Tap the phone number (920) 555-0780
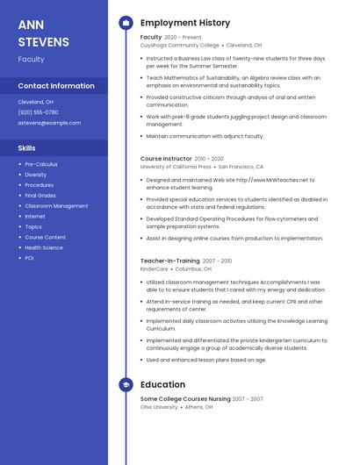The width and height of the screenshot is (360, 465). click(38, 112)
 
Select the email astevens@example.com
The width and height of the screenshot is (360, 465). click(49, 123)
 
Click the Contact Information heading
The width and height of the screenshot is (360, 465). click(56, 86)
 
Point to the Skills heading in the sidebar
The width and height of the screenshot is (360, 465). click(27, 148)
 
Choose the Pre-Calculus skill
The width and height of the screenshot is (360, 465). click(41, 164)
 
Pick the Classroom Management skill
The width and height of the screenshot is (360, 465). click(56, 206)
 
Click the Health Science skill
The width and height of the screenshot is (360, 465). click(44, 247)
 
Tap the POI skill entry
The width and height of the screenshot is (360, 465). click(29, 258)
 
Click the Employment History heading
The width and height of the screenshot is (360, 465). click(185, 23)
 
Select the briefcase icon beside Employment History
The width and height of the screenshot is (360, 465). click(126, 23)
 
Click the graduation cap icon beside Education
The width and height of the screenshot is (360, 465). click(126, 384)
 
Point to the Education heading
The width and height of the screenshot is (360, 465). click(162, 384)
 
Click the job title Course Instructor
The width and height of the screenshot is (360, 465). click(166, 159)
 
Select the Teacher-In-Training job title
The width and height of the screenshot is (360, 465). click(169, 261)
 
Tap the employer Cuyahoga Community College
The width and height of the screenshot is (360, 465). click(179, 45)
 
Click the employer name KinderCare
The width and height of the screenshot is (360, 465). click(155, 268)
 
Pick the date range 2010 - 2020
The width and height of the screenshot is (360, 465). click(209, 159)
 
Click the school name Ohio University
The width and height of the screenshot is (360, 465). click(160, 406)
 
